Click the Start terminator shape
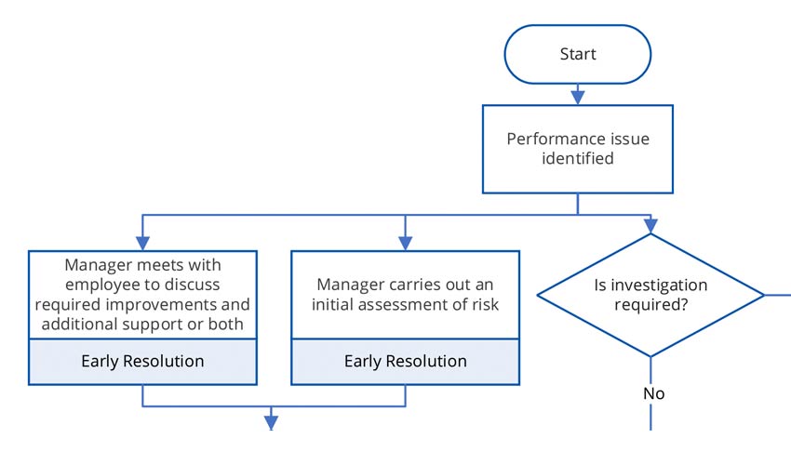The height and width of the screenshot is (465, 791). point(577,54)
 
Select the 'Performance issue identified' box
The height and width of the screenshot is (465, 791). point(577,149)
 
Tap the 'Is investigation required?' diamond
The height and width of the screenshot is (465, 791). point(650,295)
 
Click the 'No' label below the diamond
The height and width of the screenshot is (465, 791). point(653,393)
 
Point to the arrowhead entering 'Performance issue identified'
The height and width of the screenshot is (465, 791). point(577,96)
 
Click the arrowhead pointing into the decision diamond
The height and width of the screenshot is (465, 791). point(650,225)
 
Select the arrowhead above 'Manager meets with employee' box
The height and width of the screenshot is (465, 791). point(142,243)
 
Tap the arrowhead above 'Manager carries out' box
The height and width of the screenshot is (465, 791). point(405,243)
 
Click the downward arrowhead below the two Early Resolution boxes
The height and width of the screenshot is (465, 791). point(272,423)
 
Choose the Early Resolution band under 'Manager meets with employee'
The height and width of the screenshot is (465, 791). point(142,361)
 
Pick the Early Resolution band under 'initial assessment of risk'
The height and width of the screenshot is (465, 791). point(405,361)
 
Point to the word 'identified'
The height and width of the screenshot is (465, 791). point(578,158)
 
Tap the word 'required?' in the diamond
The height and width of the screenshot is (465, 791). point(651,305)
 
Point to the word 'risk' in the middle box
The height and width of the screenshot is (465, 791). point(484,304)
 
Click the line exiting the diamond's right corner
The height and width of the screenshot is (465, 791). point(777,295)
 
